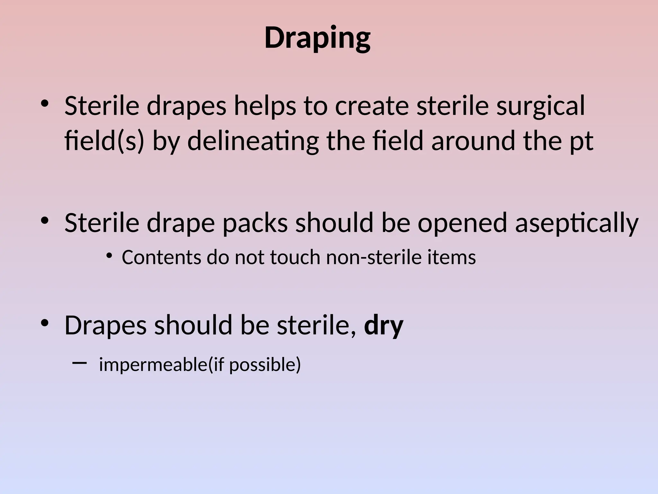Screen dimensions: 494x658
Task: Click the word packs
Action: pyautogui.click(x=255, y=223)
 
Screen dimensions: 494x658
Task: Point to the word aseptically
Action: pyautogui.click(x=577, y=223)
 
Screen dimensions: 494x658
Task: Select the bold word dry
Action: pyautogui.click(x=384, y=325)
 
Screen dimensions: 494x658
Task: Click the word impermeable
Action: pyautogui.click(x=153, y=364)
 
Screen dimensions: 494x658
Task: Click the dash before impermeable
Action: pyautogui.click(x=80, y=363)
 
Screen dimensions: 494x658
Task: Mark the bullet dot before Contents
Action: pyautogui.click(x=109, y=256)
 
